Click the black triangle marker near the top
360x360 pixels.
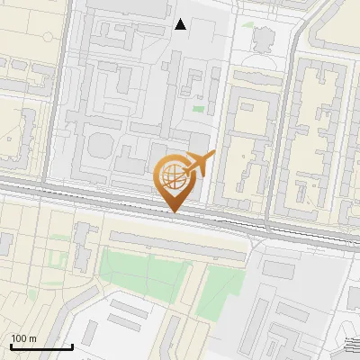[181, 24]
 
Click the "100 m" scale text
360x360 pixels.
[23, 338]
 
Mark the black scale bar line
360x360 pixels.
[40, 346]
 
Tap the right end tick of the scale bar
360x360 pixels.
[72, 345]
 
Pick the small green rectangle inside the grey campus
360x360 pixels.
[198, 109]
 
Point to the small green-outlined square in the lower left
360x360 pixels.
[59, 260]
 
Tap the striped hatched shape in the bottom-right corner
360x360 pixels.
[352, 343]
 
